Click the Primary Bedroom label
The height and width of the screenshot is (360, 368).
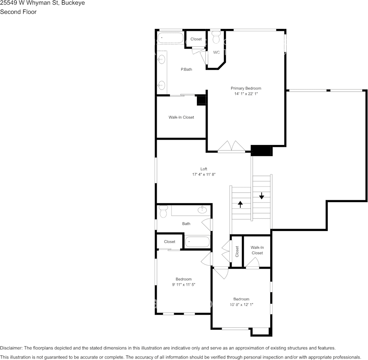(x=246, y=88)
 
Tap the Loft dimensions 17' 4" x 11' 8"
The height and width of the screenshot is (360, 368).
(x=204, y=174)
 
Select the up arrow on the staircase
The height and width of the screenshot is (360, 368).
(x=240, y=204)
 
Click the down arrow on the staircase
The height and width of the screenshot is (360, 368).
(x=262, y=196)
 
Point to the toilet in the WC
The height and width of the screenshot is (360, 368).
(x=216, y=38)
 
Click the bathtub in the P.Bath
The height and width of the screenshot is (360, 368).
(x=170, y=38)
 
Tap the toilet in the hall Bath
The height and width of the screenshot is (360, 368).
(x=163, y=211)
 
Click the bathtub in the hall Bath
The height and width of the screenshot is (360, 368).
(x=197, y=242)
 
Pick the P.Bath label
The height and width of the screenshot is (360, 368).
(x=186, y=69)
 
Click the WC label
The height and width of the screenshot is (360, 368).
(x=216, y=52)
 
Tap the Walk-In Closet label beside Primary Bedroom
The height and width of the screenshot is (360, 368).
(x=181, y=117)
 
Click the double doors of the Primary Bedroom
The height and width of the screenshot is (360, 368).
(x=231, y=147)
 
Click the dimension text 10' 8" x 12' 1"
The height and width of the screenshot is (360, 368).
(x=241, y=304)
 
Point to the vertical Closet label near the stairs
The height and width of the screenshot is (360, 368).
(x=237, y=251)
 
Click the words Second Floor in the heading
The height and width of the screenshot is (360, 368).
(x=18, y=12)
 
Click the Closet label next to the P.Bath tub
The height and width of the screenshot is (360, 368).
(x=196, y=39)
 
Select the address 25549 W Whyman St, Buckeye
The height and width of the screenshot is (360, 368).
(x=42, y=3)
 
